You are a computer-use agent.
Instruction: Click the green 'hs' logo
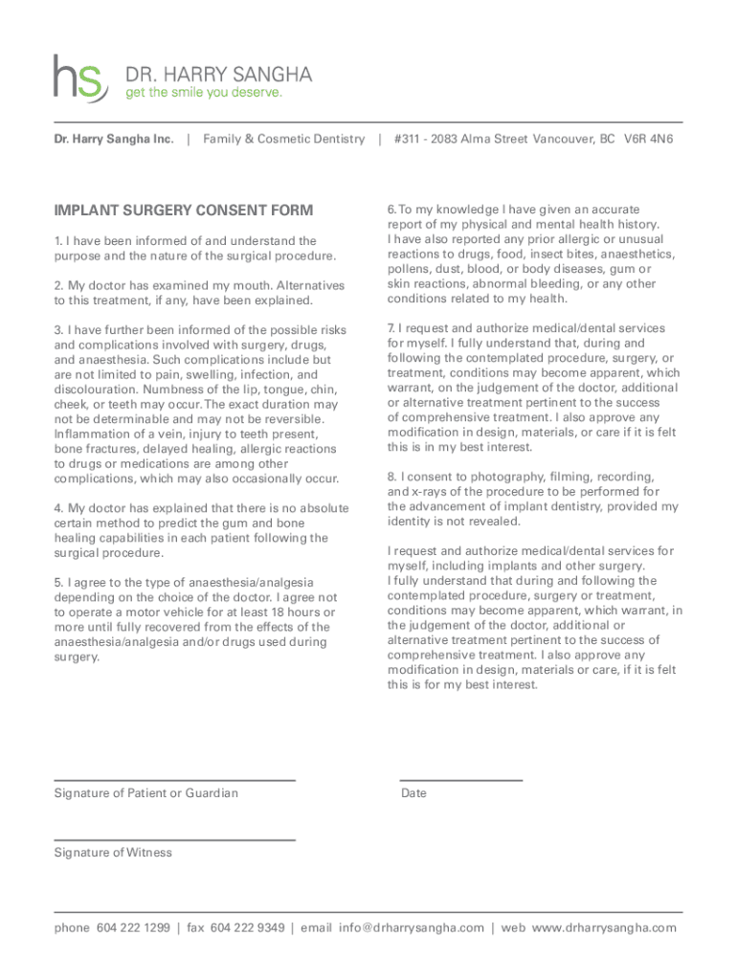pyautogui.click(x=79, y=78)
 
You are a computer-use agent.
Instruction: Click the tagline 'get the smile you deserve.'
pyautogui.click(x=204, y=93)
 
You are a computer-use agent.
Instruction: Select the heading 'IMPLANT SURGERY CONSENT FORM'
pyautogui.click(x=183, y=211)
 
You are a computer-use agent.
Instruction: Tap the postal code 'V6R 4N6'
pyautogui.click(x=649, y=140)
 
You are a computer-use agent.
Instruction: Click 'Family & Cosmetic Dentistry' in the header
pyautogui.click(x=283, y=140)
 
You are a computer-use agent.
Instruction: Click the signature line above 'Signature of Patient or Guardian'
pyautogui.click(x=174, y=781)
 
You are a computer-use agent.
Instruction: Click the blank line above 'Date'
pyautogui.click(x=460, y=781)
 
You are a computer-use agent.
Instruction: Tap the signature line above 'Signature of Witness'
pyautogui.click(x=174, y=840)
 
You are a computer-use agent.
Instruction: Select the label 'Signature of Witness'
pyautogui.click(x=113, y=853)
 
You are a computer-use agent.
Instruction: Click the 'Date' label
pyautogui.click(x=413, y=793)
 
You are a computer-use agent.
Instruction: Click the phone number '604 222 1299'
pyautogui.click(x=133, y=928)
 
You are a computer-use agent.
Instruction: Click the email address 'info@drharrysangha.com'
pyautogui.click(x=411, y=928)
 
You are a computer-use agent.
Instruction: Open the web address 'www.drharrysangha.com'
pyautogui.click(x=604, y=928)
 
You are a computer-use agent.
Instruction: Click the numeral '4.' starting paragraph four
pyautogui.click(x=58, y=507)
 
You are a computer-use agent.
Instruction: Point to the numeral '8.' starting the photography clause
pyautogui.click(x=392, y=477)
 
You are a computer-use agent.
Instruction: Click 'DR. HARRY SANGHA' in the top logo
pyautogui.click(x=218, y=75)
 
